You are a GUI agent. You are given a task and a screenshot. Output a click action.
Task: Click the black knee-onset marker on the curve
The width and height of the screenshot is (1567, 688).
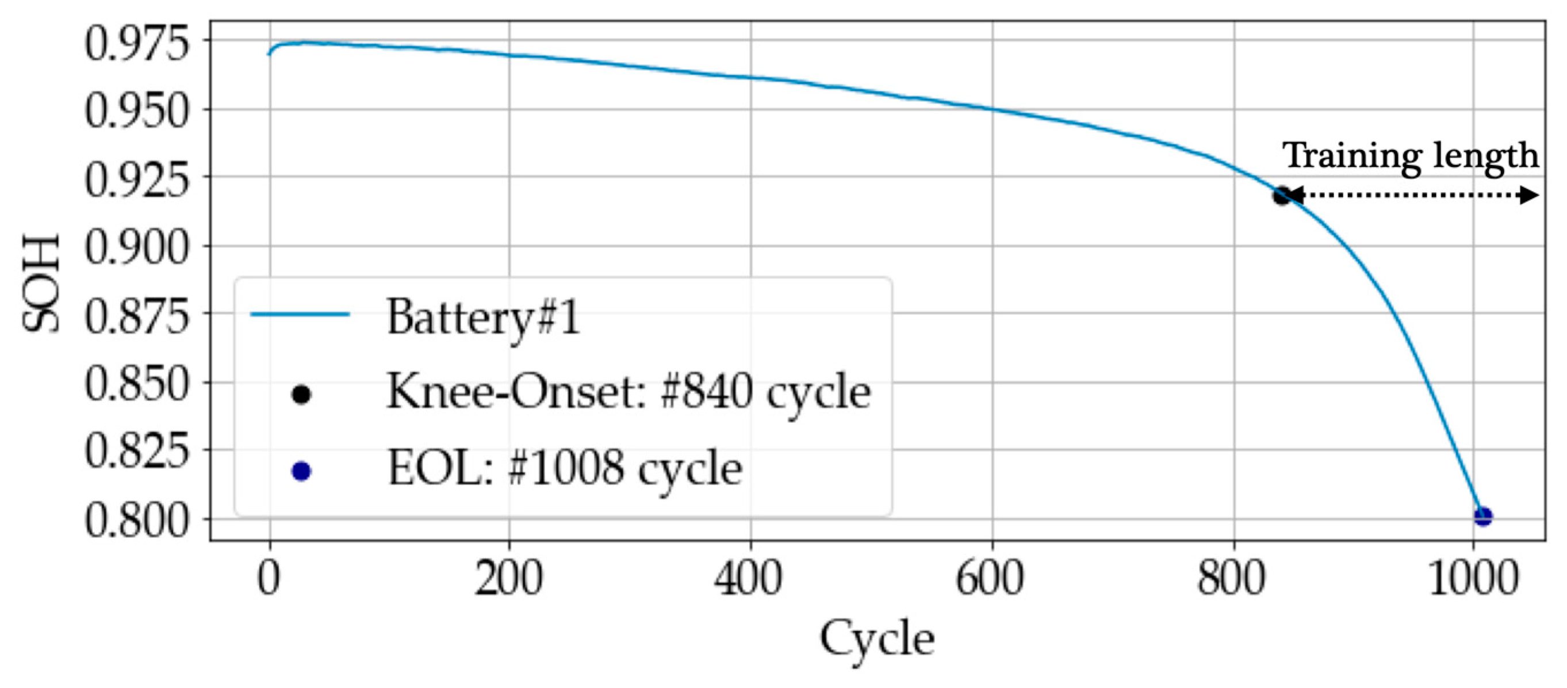pyautogui.click(x=1281, y=196)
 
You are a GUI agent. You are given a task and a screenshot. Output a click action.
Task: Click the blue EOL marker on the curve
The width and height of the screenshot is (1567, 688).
pyautogui.click(x=1483, y=517)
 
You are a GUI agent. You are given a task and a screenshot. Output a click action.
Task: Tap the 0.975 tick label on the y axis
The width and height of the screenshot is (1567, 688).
pyautogui.click(x=137, y=44)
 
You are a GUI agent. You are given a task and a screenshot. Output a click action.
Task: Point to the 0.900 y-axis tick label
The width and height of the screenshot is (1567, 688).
pyautogui.click(x=137, y=247)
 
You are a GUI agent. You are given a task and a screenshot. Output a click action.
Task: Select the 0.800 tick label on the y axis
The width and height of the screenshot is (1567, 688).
pyautogui.click(x=137, y=521)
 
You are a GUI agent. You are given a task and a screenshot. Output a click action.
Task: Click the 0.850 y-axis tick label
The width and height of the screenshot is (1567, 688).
pyautogui.click(x=137, y=384)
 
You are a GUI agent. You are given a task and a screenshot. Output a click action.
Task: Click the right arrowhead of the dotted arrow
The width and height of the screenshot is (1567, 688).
pyautogui.click(x=1529, y=195)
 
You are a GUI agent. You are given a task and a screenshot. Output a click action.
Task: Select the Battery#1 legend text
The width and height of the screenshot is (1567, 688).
pyautogui.click(x=483, y=317)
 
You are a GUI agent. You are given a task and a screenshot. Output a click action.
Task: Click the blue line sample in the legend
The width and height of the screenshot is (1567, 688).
pyautogui.click(x=300, y=314)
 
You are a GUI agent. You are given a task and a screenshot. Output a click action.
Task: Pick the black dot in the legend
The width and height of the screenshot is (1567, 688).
pyautogui.click(x=301, y=395)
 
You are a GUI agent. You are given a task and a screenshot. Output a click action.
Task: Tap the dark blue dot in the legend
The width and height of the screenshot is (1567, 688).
pyautogui.click(x=301, y=471)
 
